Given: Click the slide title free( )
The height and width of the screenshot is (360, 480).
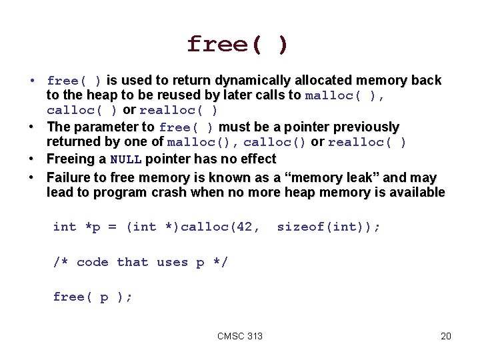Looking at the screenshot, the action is [238, 45].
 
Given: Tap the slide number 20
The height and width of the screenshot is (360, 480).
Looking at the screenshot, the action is [446, 336].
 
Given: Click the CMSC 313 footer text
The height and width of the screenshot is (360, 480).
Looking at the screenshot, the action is [240, 336].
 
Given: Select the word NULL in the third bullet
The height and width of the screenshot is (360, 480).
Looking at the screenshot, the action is [125, 159].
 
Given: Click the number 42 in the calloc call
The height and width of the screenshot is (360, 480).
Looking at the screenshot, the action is [245, 227].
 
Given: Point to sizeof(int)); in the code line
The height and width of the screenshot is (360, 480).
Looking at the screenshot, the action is [329, 227].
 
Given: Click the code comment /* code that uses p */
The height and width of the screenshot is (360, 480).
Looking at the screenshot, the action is [140, 262].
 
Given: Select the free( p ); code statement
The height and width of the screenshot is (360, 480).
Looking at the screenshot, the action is [93, 297].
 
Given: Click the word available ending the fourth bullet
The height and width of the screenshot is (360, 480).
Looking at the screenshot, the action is [417, 193].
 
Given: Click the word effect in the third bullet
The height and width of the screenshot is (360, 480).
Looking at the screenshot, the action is [257, 159].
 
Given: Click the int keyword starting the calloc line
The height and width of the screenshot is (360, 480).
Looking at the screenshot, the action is [65, 227].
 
